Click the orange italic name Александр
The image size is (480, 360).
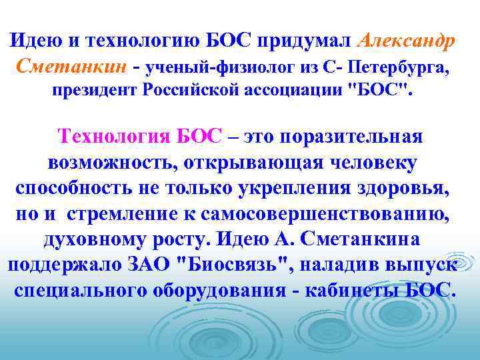pyautogui.click(x=407, y=40)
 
